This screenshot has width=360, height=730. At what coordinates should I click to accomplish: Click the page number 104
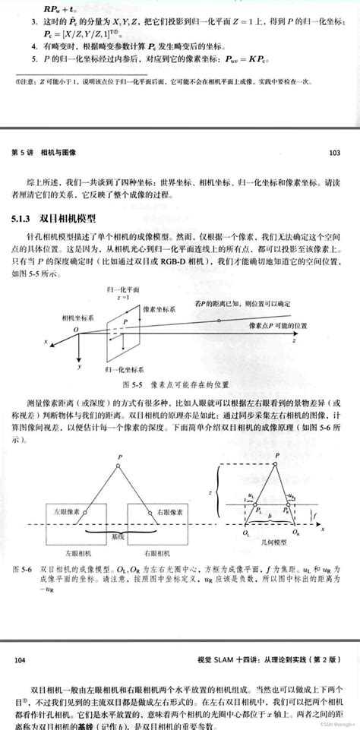point(21,661)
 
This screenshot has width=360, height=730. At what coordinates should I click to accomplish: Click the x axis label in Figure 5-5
point(46,343)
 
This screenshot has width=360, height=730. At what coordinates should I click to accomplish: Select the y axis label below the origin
point(78,366)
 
